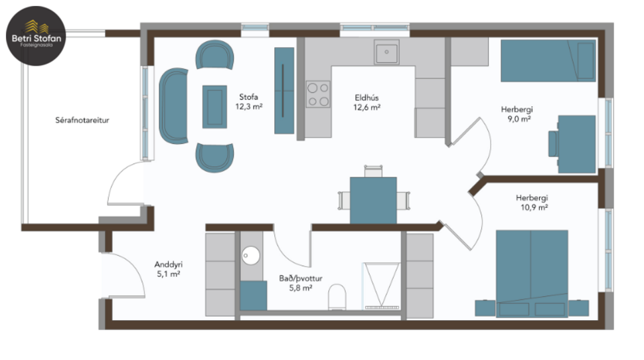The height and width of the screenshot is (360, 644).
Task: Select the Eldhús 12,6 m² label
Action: pos(367,102)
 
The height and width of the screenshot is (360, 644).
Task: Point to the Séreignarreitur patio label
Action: pos(82,121)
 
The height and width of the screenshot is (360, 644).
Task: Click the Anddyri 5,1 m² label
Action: pos(168,268)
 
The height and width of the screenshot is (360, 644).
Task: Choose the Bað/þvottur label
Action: pos(301,283)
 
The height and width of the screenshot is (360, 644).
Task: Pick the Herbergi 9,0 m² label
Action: pos(517,114)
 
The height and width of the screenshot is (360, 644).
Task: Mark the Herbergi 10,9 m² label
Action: pos(532,203)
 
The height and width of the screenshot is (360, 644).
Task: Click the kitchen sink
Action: pos(386,52)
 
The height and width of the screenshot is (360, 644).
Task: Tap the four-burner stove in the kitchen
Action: pos(318,94)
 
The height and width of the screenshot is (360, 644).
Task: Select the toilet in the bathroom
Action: pos(338,297)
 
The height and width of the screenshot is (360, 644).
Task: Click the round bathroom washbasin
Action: pos(251,254)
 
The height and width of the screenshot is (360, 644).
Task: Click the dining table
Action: pos(373,199)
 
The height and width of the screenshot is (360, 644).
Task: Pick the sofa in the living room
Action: pos(174,106)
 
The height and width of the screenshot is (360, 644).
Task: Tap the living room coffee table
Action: pos(214,106)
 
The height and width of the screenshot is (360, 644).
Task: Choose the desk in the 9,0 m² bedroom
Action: pos(576,143)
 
